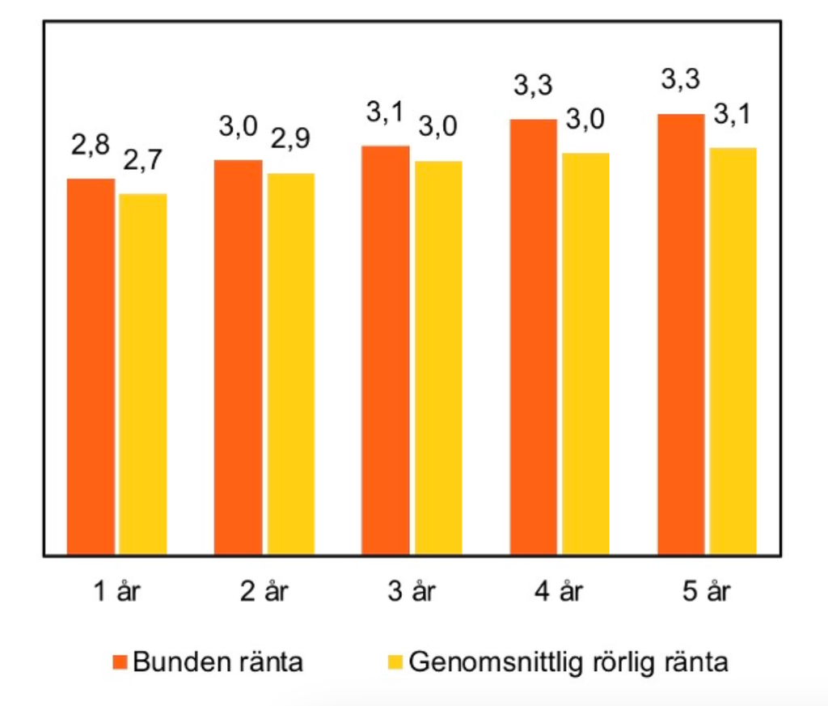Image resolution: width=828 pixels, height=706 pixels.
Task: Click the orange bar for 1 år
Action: point(91,366)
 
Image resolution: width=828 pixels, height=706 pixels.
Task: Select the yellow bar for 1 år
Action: point(143,374)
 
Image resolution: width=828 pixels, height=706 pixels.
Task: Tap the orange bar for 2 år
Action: point(238,357)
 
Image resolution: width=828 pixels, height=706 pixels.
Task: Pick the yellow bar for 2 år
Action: point(291,364)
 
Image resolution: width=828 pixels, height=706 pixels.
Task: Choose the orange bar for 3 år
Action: point(386,350)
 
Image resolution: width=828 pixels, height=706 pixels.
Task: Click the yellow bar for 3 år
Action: point(438,358)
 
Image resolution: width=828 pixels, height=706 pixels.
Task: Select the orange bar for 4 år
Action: point(533,337)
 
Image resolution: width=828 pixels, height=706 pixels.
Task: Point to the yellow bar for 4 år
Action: point(586,354)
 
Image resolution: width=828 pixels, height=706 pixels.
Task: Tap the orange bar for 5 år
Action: point(681,335)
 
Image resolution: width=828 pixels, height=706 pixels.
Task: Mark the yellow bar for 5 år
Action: point(733,352)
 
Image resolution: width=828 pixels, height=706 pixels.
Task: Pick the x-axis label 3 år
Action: point(411,592)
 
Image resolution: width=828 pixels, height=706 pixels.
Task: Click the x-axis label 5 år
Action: point(706,592)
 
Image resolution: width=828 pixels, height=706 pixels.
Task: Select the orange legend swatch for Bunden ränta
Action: point(120,663)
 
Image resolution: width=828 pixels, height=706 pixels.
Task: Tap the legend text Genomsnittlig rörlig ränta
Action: point(568,662)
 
